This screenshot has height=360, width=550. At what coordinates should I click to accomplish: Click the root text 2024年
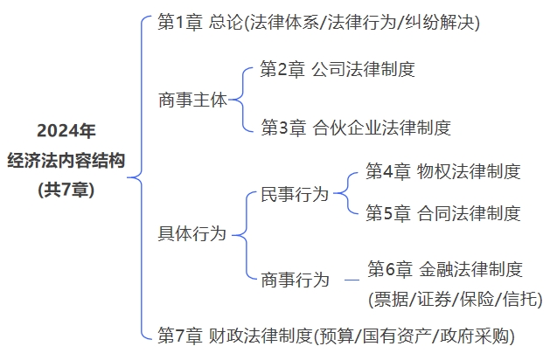click(x=66, y=131)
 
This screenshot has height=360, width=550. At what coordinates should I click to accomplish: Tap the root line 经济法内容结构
click(x=66, y=160)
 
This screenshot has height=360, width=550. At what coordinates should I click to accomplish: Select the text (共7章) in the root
click(x=66, y=188)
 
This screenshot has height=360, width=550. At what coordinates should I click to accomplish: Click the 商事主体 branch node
click(x=191, y=100)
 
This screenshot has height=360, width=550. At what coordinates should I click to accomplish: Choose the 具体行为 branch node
click(x=191, y=233)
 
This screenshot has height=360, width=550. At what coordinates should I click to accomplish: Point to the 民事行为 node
click(x=295, y=194)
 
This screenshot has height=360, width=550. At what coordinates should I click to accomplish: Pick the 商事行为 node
click(x=295, y=280)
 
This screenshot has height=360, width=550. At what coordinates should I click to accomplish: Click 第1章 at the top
click(x=179, y=22)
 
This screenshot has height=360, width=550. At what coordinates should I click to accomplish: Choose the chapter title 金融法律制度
click(x=470, y=268)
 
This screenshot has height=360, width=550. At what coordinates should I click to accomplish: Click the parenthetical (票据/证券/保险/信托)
click(x=455, y=298)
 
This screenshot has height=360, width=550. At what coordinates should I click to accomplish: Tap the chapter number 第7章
click(x=179, y=335)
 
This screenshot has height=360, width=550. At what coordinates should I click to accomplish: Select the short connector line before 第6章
click(x=352, y=280)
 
